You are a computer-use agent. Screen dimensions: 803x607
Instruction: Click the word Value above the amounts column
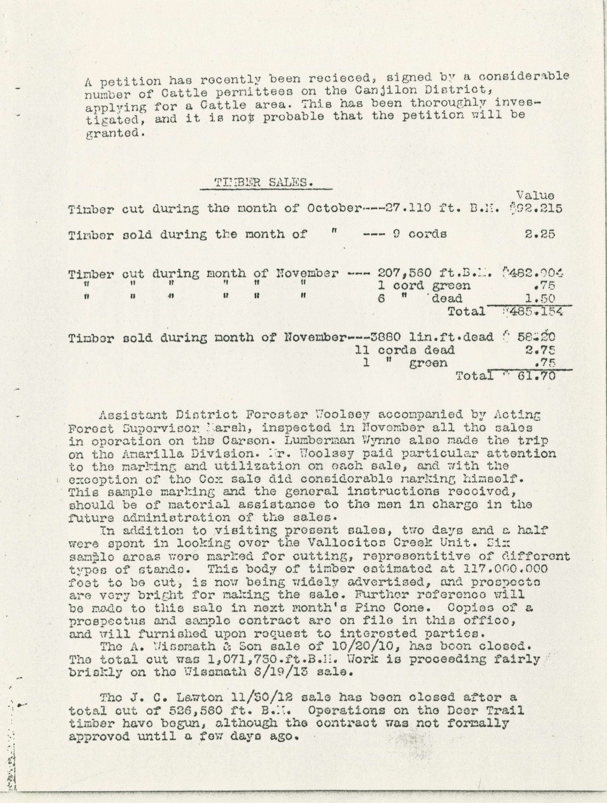(x=535, y=196)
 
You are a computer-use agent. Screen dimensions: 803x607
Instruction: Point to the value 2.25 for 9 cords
(x=539, y=234)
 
